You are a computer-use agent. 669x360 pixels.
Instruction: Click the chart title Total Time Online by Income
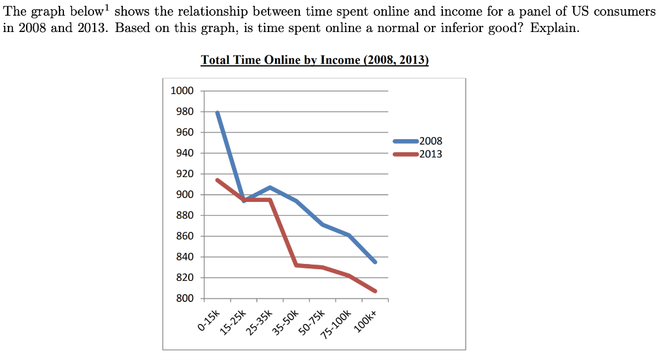point(314,60)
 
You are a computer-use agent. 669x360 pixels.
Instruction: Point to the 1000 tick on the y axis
point(182,91)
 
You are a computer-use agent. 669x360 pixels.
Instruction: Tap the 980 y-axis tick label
point(184,112)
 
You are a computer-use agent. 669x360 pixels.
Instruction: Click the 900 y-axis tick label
point(184,195)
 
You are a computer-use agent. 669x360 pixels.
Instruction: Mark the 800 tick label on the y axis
point(184,299)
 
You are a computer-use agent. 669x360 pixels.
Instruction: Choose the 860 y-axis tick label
point(184,236)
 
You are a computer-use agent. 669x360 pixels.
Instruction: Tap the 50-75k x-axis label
point(312,322)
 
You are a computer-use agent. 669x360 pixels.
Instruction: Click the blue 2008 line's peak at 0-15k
point(217,112)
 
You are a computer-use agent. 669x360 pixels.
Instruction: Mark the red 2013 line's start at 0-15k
point(217,180)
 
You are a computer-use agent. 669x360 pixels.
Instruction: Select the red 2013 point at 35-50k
point(297,265)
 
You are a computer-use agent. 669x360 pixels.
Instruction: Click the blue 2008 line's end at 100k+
point(375,262)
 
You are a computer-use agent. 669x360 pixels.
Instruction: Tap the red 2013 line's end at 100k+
point(375,291)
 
